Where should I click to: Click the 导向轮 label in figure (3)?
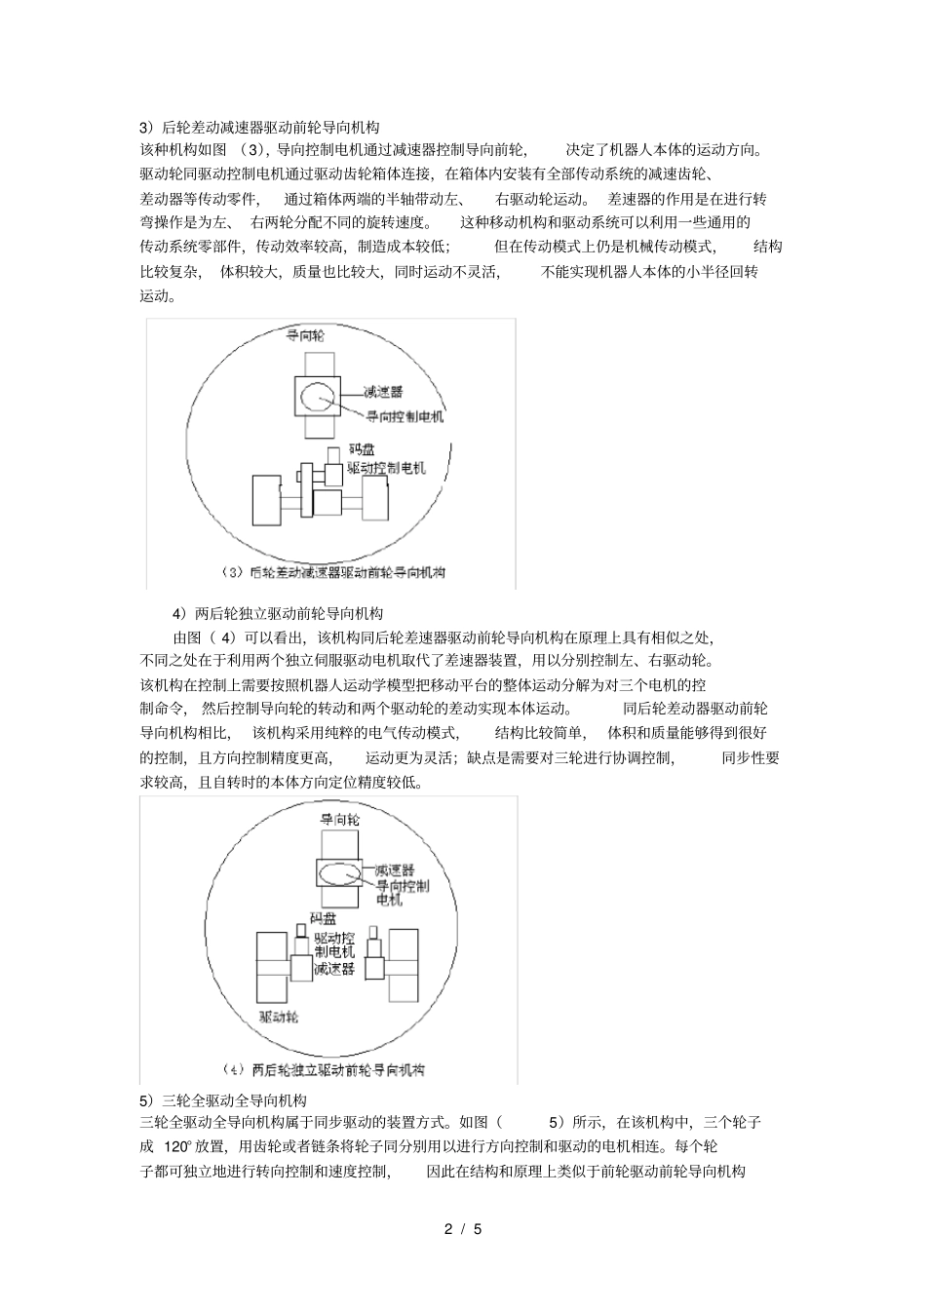305,334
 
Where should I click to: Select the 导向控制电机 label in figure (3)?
405,416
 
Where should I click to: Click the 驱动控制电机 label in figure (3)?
387,468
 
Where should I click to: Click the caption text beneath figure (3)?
333,572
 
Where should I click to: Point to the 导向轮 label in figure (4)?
340,820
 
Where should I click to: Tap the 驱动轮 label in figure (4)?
279,1017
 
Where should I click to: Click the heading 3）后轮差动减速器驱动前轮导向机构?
259,127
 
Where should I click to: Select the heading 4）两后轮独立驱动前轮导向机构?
278,613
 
